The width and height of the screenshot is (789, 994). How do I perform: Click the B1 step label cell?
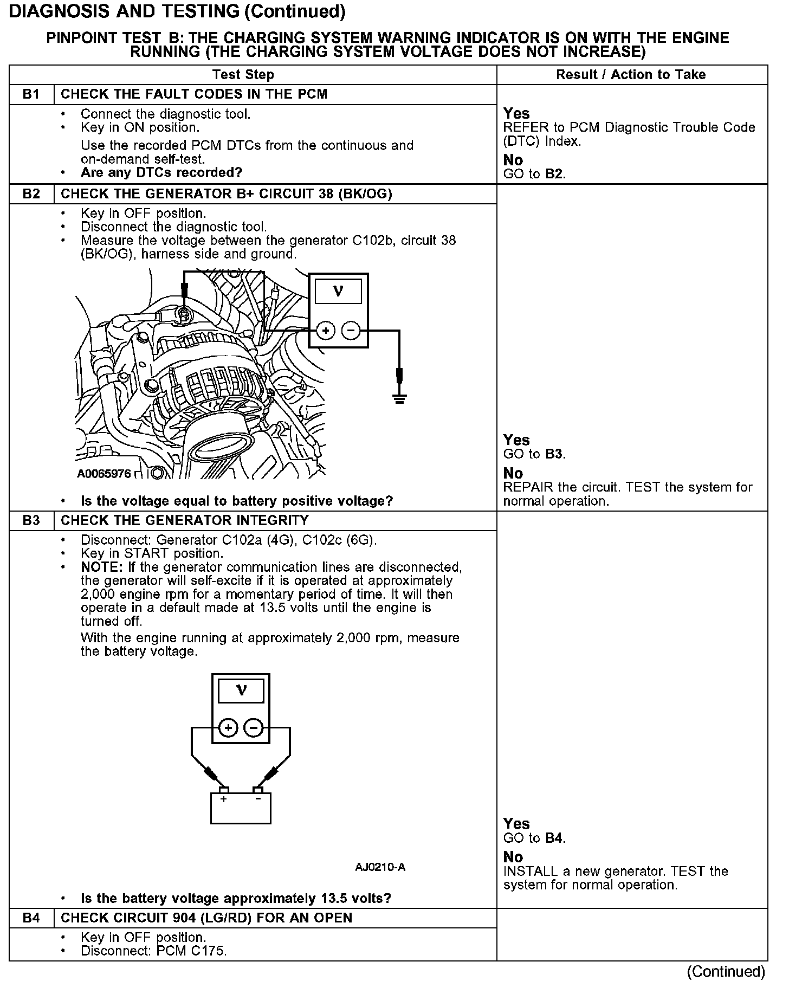pyautogui.click(x=31, y=94)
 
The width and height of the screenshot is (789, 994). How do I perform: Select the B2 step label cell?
pyautogui.click(x=31, y=194)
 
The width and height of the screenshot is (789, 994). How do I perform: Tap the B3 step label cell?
pyautogui.click(x=31, y=521)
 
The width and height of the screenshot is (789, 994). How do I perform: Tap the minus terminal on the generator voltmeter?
pyautogui.click(x=351, y=330)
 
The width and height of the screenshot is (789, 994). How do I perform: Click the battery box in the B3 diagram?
pyautogui.click(x=241, y=809)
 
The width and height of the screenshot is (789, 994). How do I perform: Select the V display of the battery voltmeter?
pyautogui.click(x=241, y=691)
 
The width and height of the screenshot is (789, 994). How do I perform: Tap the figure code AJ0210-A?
pyautogui.click(x=380, y=868)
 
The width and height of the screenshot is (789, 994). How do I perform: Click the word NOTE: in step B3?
pyautogui.click(x=102, y=567)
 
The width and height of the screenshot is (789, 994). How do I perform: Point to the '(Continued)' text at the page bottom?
pyautogui.click(x=726, y=972)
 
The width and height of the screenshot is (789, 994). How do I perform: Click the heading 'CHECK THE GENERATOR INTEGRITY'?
pyautogui.click(x=185, y=521)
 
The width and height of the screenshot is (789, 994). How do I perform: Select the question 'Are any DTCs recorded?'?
pyautogui.click(x=161, y=173)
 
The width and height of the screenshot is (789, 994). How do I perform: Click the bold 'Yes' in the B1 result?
pyautogui.click(x=516, y=113)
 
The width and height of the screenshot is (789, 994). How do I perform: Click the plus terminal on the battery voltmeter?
pyautogui.click(x=229, y=728)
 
